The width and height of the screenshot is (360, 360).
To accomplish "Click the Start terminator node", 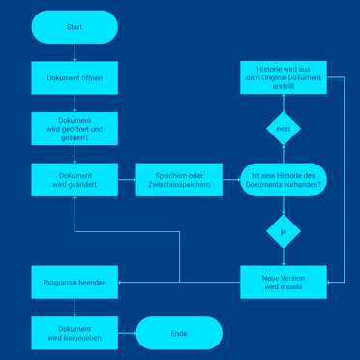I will (x=75, y=27).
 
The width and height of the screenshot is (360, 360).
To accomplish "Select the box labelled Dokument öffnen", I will (x=75, y=77).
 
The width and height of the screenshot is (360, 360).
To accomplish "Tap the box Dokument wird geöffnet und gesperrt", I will (x=75, y=128).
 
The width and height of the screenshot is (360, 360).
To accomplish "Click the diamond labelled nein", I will (x=283, y=128).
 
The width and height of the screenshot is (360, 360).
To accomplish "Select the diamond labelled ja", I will (x=283, y=232).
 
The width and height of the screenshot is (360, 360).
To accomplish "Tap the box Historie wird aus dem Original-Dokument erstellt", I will (x=283, y=77).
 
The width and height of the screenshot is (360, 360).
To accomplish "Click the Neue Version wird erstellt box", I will (x=283, y=282).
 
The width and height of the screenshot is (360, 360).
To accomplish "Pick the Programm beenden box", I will (x=75, y=282).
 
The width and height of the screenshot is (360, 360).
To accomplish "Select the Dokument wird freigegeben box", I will (x=75, y=333).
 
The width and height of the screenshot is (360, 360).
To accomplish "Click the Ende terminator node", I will (x=179, y=333).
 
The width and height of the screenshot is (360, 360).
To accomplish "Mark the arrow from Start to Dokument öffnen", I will (x=75, y=52).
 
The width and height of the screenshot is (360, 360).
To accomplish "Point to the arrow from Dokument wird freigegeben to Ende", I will (x=127, y=333).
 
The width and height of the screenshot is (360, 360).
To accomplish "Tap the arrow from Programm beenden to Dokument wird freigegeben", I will (x=75, y=307).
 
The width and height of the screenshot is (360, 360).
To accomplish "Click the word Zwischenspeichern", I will (x=179, y=184).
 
